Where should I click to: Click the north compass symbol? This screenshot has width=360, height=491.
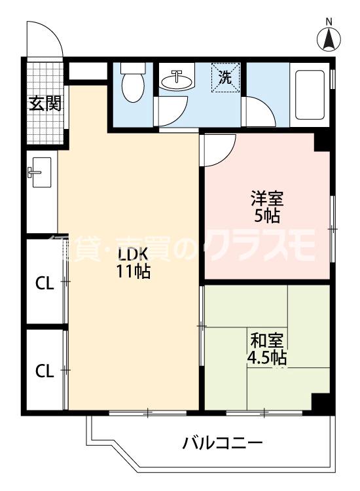pos(329,38)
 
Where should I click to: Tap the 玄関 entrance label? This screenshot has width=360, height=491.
pos(45,103)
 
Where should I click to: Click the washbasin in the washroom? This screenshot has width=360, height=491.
pos(177,81)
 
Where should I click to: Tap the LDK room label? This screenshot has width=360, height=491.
pos(134,255)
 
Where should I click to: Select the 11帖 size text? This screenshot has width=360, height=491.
pos(134,272)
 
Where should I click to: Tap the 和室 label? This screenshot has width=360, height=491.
pos(267,341)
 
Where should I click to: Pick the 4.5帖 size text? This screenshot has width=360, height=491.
pos(267,358)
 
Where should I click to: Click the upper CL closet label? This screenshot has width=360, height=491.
pos(44,284)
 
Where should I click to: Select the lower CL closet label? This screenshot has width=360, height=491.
pos(44,371)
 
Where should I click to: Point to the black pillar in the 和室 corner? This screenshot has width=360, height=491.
pos(320,403)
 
